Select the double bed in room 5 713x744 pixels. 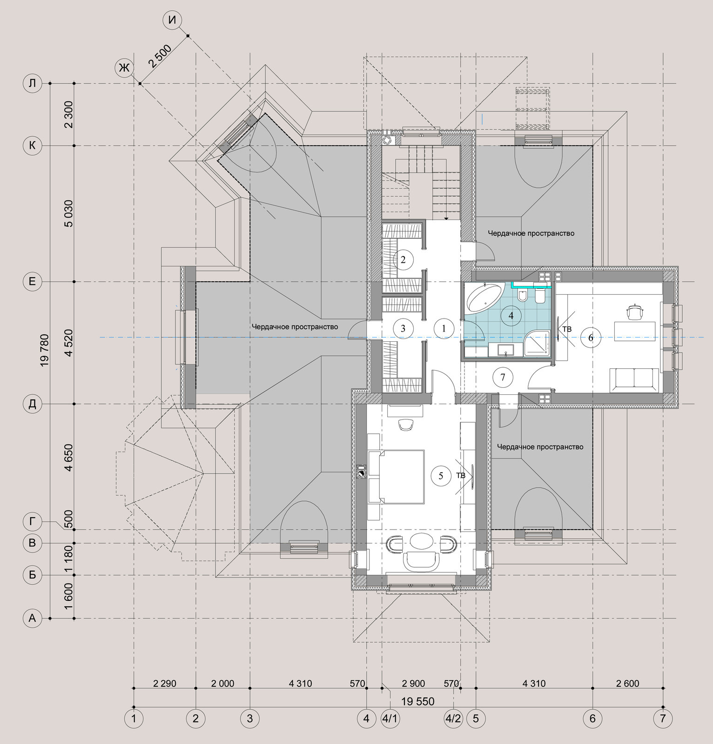(397, 477)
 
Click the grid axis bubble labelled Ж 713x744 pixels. (124, 68)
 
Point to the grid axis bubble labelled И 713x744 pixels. (173, 20)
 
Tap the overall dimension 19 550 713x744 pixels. (417, 701)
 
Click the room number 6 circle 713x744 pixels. (591, 338)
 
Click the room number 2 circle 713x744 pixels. (403, 259)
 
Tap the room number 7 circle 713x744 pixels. (503, 377)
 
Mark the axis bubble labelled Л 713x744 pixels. (32, 84)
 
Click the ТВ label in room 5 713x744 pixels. (461, 475)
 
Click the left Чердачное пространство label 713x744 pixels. (295, 327)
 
